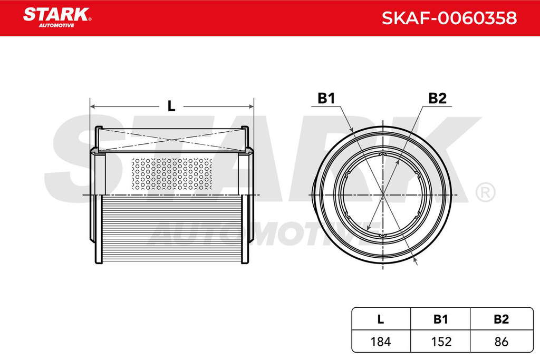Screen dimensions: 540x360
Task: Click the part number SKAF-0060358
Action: pyautogui.click(x=449, y=18)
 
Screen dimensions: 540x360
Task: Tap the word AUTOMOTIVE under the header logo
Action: pyautogui.click(x=56, y=25)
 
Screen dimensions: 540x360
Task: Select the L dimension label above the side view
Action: pyautogui.click(x=171, y=106)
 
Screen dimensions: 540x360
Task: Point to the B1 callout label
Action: pyautogui.click(x=326, y=99)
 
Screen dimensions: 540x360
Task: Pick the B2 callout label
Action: pyautogui.click(x=437, y=99)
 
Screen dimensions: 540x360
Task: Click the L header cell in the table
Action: pyautogui.click(x=381, y=319)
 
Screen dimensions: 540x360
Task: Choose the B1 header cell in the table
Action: pyautogui.click(x=440, y=319)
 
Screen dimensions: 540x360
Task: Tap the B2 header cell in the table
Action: pyautogui.click(x=501, y=319)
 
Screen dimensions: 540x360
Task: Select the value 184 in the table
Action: pyautogui.click(x=381, y=342)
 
